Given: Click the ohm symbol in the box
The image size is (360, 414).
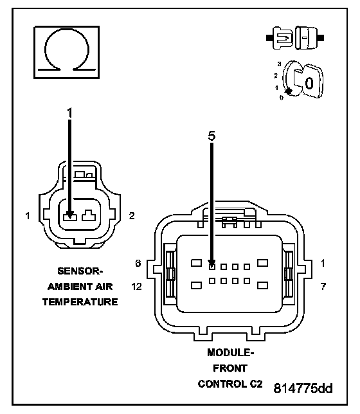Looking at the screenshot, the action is pos(67,52).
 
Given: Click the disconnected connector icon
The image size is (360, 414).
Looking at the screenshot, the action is pos(295,38).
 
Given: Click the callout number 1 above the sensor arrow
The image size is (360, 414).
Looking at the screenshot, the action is pos(69,113).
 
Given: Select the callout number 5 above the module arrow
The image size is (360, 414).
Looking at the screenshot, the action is pos(212,136).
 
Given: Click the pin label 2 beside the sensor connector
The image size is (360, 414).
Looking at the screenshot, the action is pos(132,216).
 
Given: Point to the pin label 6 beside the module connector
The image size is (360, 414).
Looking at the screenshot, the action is pos(138,263).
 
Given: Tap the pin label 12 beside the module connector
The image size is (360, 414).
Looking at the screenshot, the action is pos(136,286).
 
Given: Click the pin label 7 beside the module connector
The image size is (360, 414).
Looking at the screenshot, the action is pos(323,286).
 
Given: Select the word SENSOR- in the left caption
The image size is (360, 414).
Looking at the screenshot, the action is pos(80,271).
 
